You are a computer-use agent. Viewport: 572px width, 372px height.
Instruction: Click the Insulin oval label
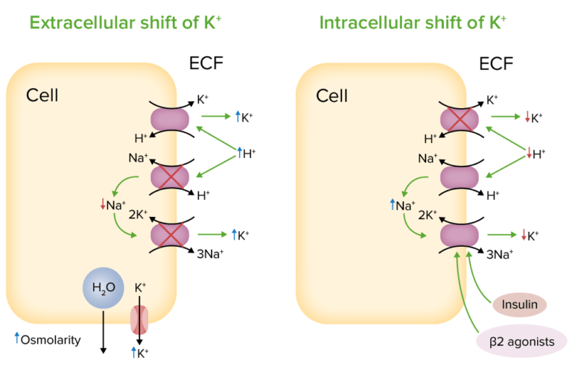[x=519, y=304]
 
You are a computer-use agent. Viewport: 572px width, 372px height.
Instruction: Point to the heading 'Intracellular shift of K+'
[x=413, y=22]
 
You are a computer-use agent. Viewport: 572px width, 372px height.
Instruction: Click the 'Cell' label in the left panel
[x=42, y=95]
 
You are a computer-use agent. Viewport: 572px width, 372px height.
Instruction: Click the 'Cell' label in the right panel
[x=332, y=95]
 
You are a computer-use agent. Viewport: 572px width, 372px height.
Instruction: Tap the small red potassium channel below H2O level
[x=139, y=318]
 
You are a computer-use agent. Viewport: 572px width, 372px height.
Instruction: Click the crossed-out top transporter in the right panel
[x=460, y=119]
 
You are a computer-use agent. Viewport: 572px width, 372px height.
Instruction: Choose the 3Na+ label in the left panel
[x=210, y=253]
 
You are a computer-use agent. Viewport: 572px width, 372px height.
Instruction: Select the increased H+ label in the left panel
[x=245, y=154]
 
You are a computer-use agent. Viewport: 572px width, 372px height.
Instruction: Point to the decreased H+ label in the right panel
[x=535, y=154]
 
